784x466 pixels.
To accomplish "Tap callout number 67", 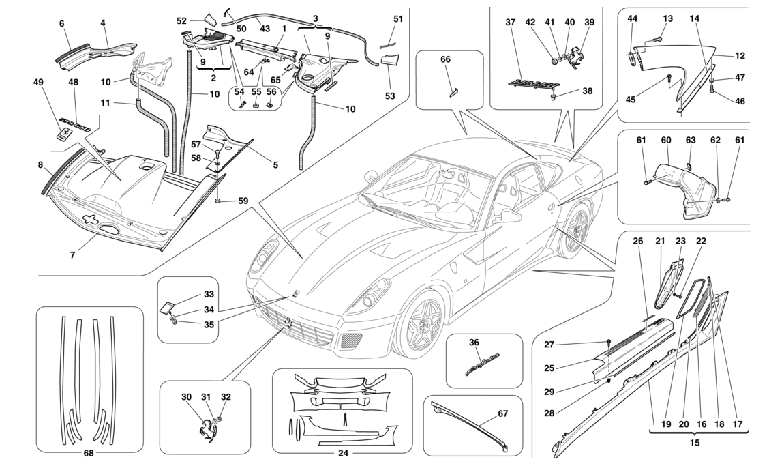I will tap(502, 413).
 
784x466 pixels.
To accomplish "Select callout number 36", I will tap(474, 342).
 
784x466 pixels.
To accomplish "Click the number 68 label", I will tap(89, 453).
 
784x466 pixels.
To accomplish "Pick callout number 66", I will tap(446, 59).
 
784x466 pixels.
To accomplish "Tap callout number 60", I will tap(667, 141).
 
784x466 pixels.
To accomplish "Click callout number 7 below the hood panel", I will tap(73, 256).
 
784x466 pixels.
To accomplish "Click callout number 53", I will tap(389, 96).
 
